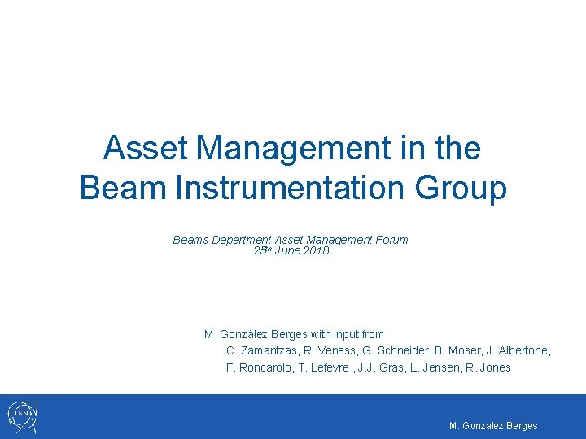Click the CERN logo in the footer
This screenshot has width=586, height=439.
tap(22, 417)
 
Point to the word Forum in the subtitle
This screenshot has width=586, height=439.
tap(391, 240)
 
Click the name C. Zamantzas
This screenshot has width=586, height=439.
tap(261, 350)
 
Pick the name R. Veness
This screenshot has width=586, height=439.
tap(332, 350)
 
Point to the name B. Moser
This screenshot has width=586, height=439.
tap(463, 350)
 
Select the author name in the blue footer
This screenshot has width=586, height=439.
tap(493, 426)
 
